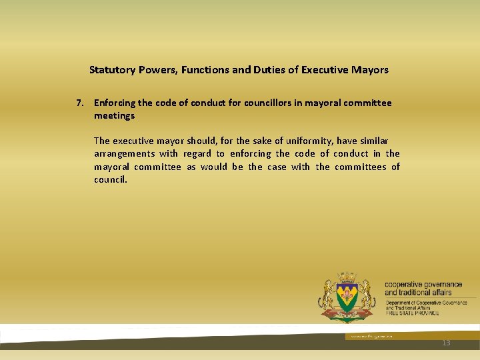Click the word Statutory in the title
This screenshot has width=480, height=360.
111,69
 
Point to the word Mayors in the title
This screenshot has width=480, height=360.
371,69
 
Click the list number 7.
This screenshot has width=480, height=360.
80,103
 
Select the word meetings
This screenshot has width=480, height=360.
114,115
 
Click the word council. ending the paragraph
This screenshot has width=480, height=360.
110,179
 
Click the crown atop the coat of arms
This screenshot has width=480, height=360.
346,277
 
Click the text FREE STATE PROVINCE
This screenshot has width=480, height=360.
412,313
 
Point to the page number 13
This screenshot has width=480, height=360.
446,343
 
